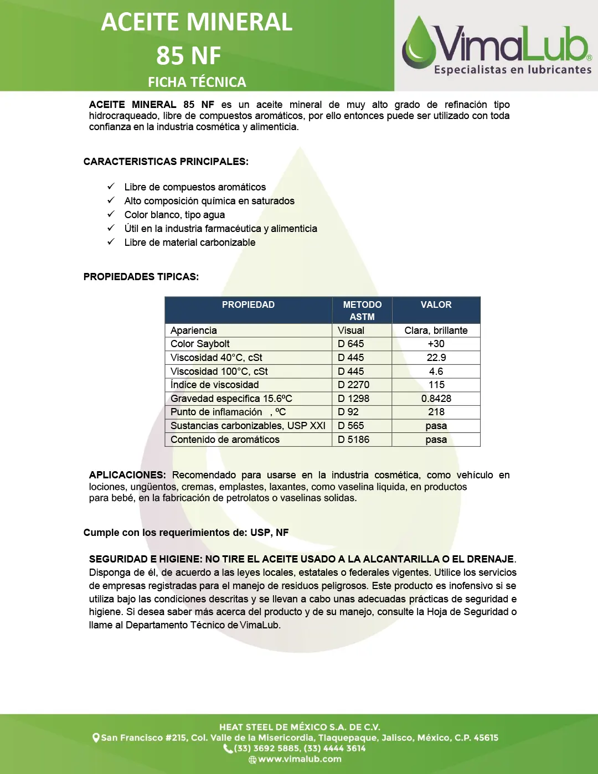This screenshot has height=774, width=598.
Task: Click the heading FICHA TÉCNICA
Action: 197,82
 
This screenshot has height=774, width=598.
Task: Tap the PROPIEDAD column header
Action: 248,305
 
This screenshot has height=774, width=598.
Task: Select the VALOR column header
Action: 436,305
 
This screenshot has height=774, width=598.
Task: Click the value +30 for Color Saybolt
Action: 436,344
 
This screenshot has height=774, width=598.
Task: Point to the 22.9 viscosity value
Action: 436,358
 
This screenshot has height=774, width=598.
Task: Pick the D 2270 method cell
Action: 353,385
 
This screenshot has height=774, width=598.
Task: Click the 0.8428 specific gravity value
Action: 436,399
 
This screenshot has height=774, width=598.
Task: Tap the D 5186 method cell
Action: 353,440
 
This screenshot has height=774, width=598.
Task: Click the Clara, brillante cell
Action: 436,331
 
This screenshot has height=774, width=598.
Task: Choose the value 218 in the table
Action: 436,412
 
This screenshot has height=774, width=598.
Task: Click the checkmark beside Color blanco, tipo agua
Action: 111,214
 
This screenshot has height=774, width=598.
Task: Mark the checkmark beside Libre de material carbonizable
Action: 111,242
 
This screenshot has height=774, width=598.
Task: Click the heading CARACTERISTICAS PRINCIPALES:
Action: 166,162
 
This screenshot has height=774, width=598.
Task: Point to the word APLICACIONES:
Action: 127,475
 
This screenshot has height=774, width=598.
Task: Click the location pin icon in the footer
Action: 96,737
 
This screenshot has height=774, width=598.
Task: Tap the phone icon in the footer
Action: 228,749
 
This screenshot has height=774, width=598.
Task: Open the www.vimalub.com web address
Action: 300,759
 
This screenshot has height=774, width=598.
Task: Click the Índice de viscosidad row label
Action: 214,385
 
